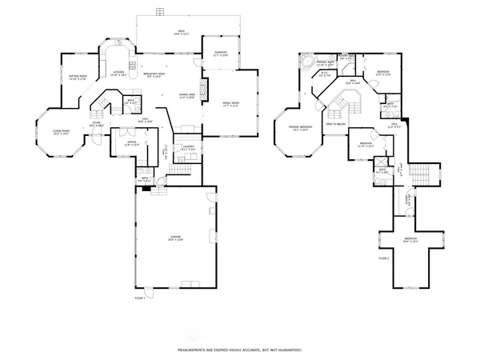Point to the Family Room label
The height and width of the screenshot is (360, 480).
232,103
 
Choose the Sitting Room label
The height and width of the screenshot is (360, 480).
78,77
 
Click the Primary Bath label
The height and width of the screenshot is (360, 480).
324,63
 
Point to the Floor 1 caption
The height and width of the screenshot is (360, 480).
140,298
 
